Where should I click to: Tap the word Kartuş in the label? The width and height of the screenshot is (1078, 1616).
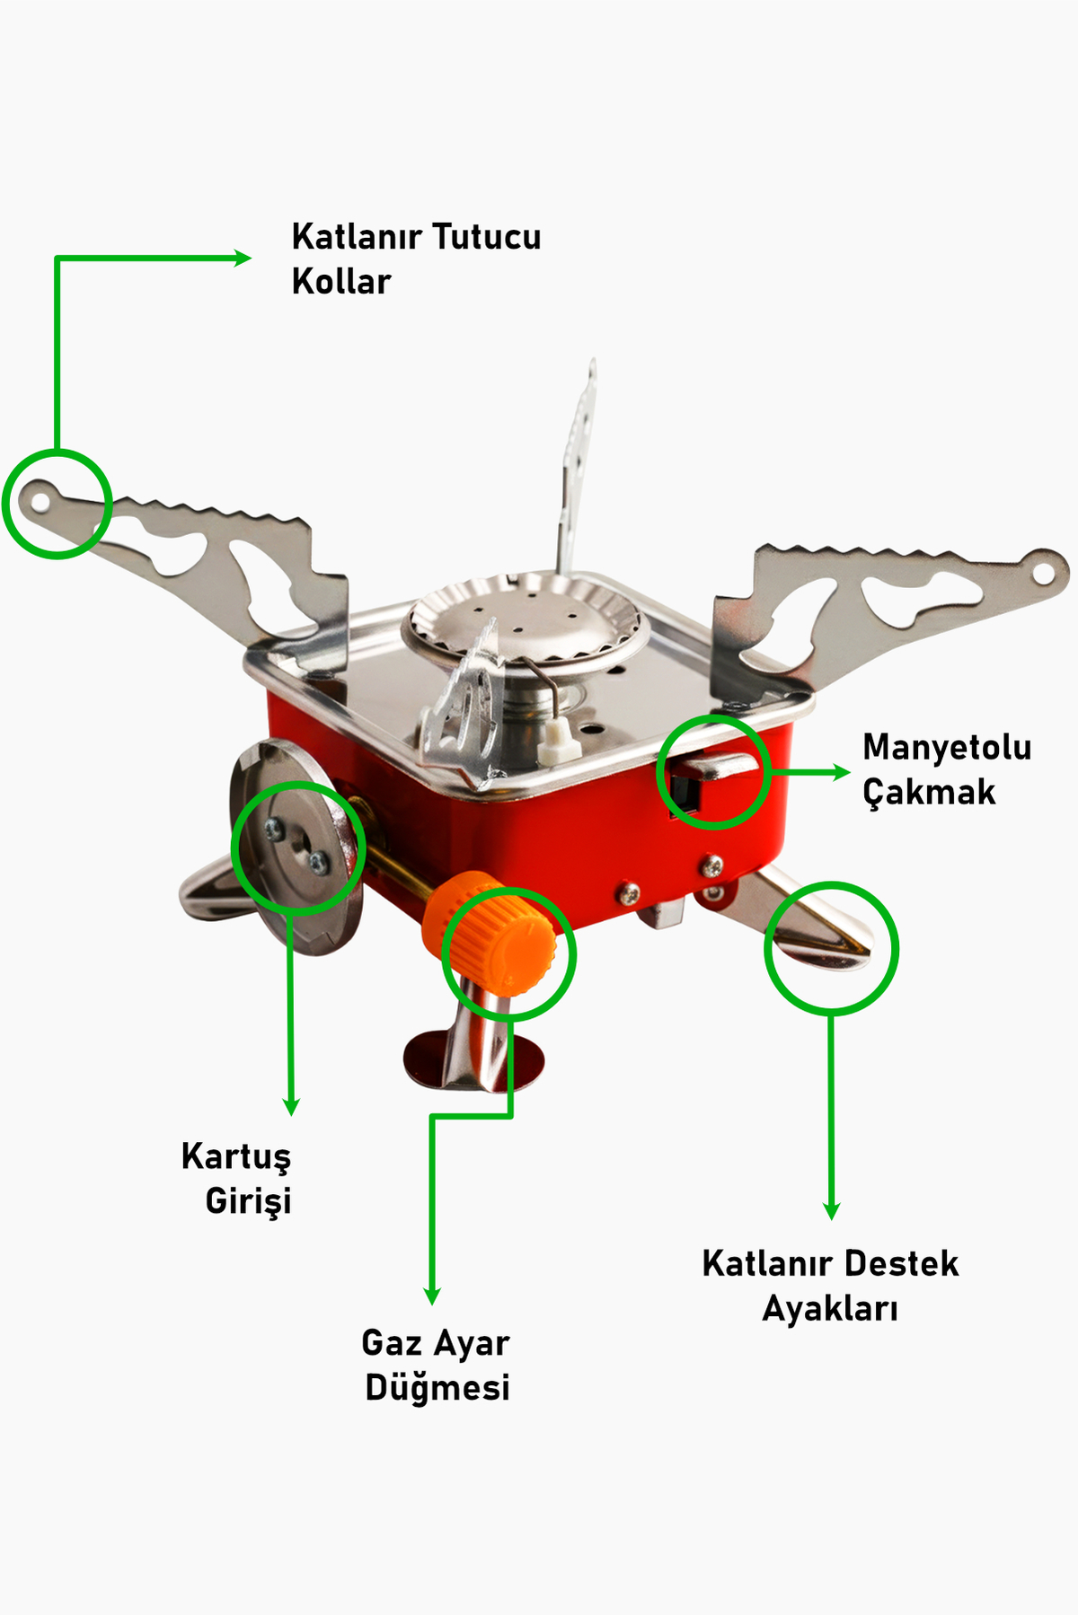pos(236,1157)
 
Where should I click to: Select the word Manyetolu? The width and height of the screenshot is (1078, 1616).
pos(947,748)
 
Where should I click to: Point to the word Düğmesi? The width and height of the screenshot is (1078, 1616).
pos(437,1388)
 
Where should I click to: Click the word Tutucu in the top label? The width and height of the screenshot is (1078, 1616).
pos(486,237)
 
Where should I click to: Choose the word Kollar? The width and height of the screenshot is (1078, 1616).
pos(341,282)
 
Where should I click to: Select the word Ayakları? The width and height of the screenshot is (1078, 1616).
pos(830,1309)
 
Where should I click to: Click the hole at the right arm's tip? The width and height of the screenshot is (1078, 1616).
pos(1043,572)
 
